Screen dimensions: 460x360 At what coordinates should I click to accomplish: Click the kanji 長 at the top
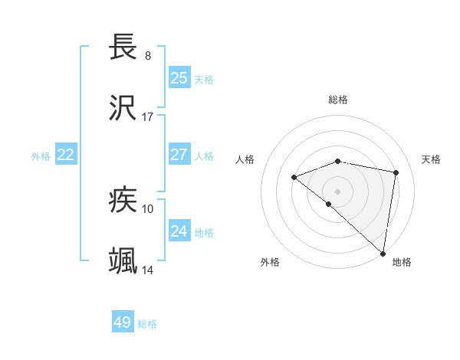click(x=123, y=47)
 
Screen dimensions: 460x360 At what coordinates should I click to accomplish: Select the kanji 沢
click(x=123, y=108)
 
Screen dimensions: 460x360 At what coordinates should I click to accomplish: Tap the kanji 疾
click(x=123, y=201)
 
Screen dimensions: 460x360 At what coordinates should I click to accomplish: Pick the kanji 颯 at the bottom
click(x=123, y=261)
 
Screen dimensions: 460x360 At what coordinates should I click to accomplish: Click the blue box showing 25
click(x=179, y=77)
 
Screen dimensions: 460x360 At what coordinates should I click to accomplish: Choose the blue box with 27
click(x=179, y=155)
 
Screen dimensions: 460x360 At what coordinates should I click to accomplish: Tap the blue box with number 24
click(x=179, y=231)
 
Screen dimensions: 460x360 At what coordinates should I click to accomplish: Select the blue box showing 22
click(x=66, y=155)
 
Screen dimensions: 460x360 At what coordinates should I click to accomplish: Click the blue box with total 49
click(x=123, y=322)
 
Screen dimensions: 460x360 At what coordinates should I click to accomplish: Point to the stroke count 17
click(x=148, y=117)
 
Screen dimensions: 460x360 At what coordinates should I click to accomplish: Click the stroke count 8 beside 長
click(x=148, y=56)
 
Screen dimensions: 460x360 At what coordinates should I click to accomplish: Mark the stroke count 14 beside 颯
click(x=148, y=270)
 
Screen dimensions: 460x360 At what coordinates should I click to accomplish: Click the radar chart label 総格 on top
click(x=338, y=100)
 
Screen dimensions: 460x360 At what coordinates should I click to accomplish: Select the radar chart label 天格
click(x=431, y=159)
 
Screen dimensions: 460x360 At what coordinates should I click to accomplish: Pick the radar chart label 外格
click(x=270, y=262)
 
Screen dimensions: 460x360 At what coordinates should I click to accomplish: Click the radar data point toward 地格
click(x=383, y=253)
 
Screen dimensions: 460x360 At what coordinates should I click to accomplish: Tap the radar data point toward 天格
click(x=396, y=172)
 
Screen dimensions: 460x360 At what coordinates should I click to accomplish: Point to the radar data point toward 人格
click(x=294, y=178)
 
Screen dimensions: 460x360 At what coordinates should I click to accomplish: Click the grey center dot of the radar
click(x=337, y=191)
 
